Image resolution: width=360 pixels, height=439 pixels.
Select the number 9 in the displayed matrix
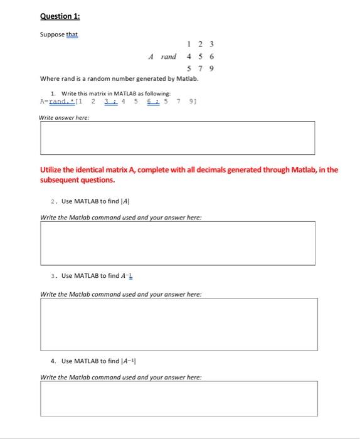(212, 68)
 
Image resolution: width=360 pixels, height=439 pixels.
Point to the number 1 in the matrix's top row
(189, 44)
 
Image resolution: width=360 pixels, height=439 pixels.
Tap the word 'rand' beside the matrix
(168, 56)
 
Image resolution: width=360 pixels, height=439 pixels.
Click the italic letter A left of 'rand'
(151, 56)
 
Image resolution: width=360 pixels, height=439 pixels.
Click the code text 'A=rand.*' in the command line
(54, 100)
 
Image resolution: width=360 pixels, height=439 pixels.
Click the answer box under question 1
(177, 137)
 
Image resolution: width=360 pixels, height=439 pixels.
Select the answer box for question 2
(177, 243)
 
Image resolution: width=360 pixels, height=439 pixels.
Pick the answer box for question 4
(177, 398)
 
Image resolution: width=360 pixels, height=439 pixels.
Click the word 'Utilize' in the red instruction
(52, 170)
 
